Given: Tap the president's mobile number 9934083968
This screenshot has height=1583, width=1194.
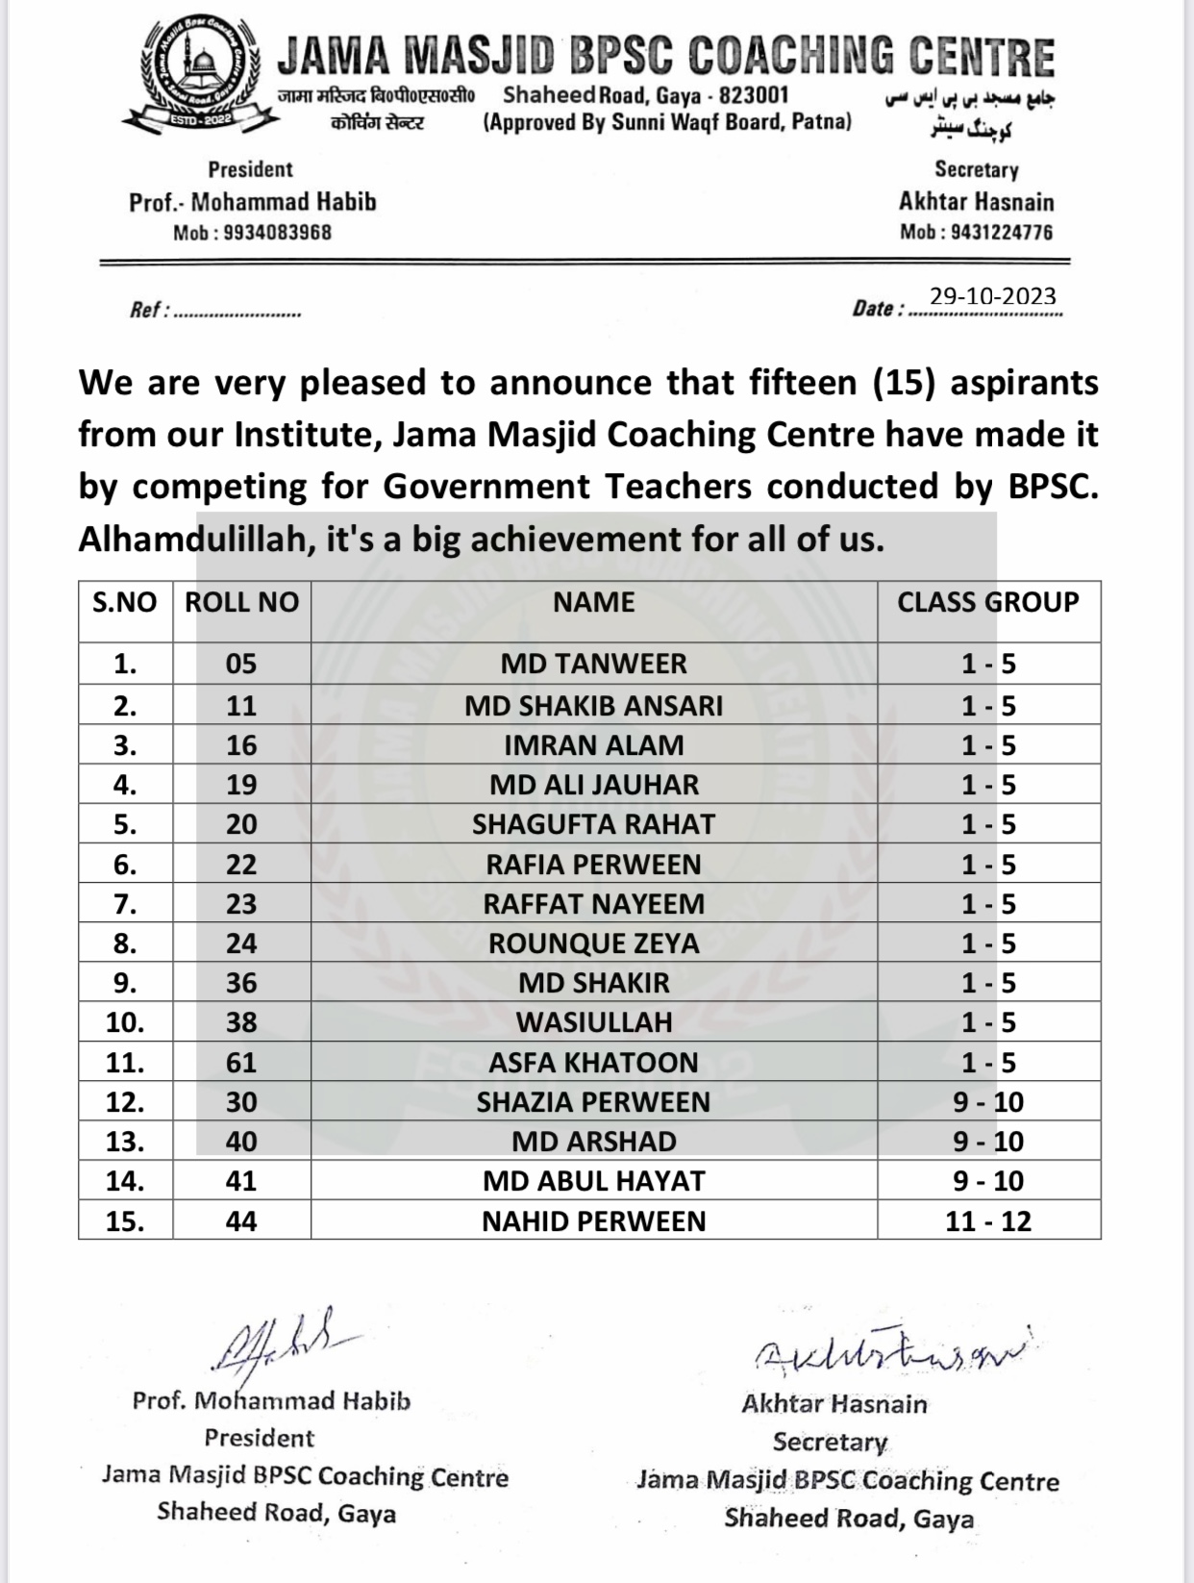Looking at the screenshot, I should pyautogui.click(x=277, y=233).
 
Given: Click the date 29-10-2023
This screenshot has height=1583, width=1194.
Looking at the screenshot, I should pyautogui.click(x=993, y=296).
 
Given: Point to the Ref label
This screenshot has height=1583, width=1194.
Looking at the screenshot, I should pyautogui.click(x=148, y=311).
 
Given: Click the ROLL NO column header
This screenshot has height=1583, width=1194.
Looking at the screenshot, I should pyautogui.click(x=241, y=603).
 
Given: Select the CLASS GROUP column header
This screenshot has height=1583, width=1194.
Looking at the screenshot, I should pyautogui.click(x=988, y=603).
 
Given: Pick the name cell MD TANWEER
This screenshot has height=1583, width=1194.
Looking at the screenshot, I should pyautogui.click(x=593, y=664).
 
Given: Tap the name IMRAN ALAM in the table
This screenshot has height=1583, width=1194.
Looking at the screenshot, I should pyautogui.click(x=593, y=745).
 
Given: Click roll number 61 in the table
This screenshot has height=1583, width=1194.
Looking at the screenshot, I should pyautogui.click(x=241, y=1063).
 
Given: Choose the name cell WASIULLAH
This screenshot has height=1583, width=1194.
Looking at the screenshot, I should pyautogui.click(x=593, y=1022).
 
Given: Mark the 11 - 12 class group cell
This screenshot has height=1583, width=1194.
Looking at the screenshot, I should pyautogui.click(x=988, y=1221).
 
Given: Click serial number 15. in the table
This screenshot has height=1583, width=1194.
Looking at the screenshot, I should pyautogui.click(x=125, y=1221).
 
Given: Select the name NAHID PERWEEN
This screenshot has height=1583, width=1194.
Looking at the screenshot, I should pyautogui.click(x=593, y=1221).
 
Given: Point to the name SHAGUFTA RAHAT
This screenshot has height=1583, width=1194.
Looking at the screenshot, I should pyautogui.click(x=593, y=825).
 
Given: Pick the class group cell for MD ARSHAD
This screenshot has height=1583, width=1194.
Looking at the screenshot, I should pyautogui.click(x=988, y=1142).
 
